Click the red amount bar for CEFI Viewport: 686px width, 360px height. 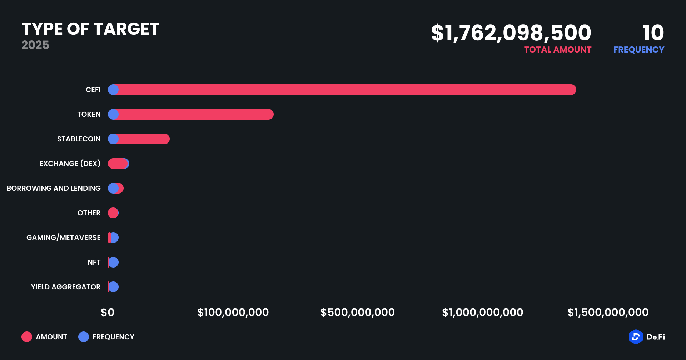[x=343, y=90]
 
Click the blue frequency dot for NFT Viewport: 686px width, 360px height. [x=114, y=262]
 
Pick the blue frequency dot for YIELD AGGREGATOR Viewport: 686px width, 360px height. [x=113, y=287]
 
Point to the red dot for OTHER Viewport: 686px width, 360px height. [x=113, y=213]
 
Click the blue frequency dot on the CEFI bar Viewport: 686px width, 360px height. [x=113, y=90]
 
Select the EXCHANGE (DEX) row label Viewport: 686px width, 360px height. [x=70, y=164]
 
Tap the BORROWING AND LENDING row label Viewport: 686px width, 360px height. [x=54, y=188]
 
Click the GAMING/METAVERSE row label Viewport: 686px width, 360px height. [x=63, y=237]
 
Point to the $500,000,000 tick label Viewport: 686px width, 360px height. [x=358, y=312]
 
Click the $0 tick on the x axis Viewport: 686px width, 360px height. [x=108, y=312]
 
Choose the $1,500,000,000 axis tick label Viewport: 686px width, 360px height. [x=608, y=312]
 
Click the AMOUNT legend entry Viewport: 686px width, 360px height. [x=44, y=337]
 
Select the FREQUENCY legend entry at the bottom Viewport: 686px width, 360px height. [x=106, y=337]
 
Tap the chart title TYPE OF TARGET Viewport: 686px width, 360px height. [x=90, y=29]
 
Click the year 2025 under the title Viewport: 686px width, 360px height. [x=35, y=45]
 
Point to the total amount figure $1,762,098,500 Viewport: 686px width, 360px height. [x=511, y=33]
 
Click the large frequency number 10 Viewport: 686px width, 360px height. [x=653, y=33]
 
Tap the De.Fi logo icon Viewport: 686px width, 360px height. [x=636, y=337]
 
